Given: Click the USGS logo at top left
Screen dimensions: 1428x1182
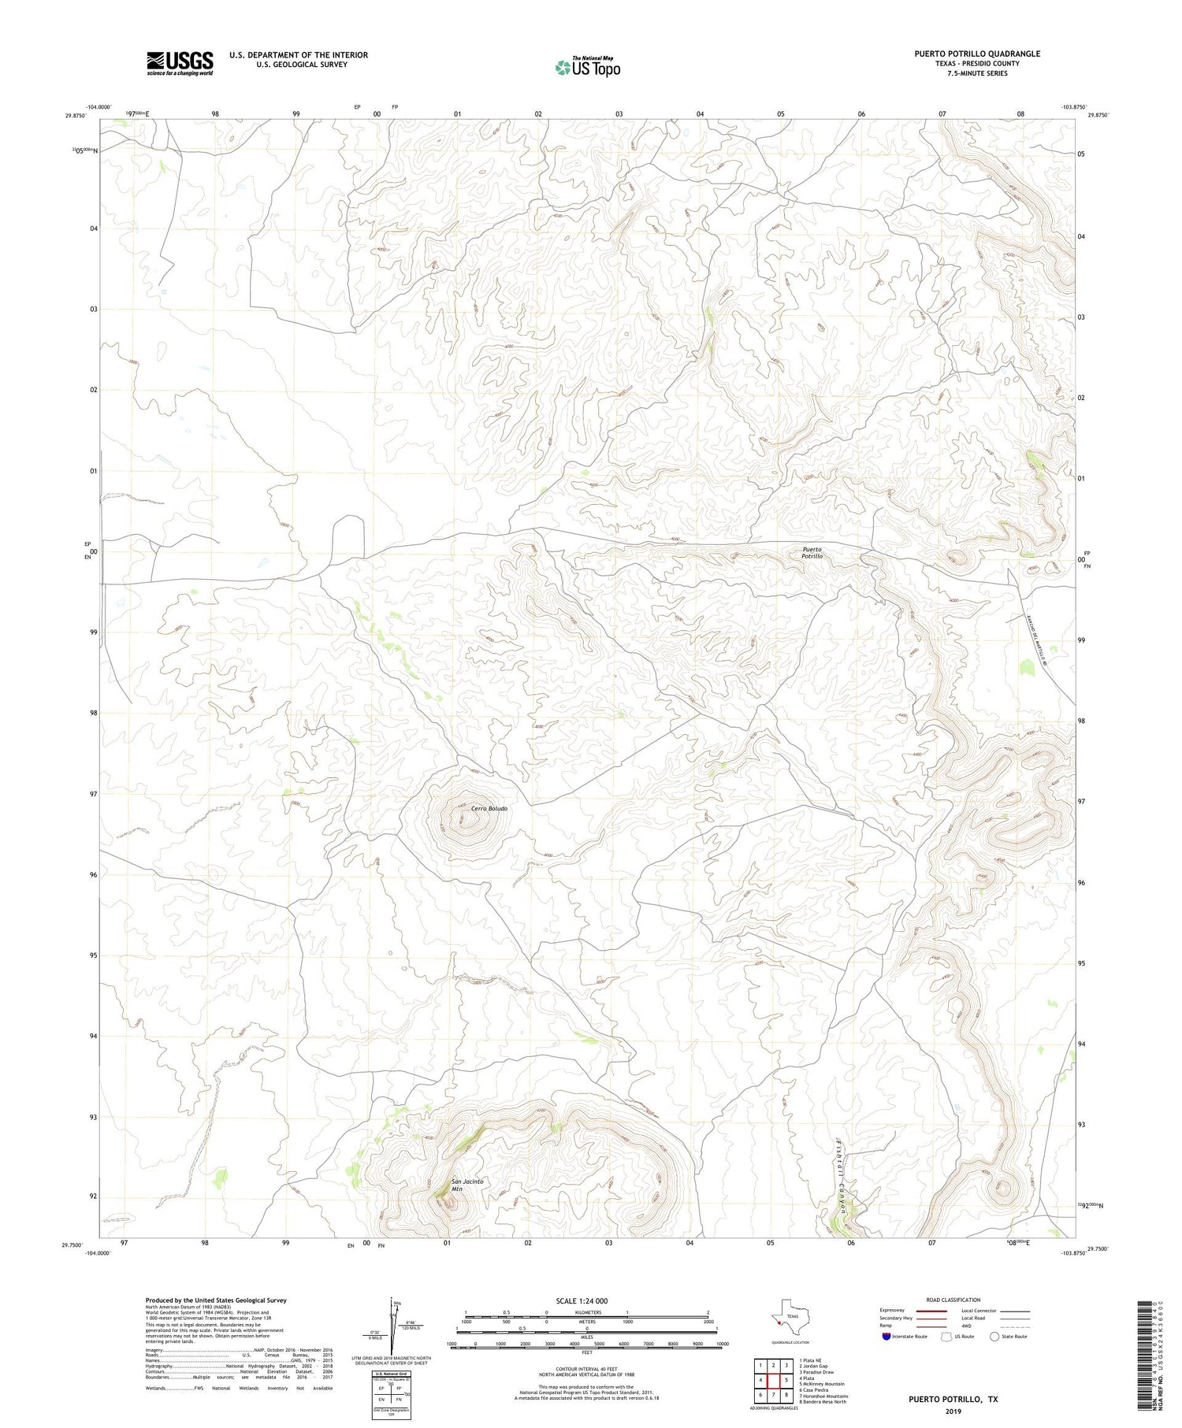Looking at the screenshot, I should point(180,63).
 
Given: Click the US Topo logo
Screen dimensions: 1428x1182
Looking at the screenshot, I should point(587,67).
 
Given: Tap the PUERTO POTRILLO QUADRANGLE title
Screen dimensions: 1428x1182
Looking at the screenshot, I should point(976,54).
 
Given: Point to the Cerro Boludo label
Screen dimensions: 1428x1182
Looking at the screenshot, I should point(489,809).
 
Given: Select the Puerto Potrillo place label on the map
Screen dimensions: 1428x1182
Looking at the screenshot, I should point(812,553).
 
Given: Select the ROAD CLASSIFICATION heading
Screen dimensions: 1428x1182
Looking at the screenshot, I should point(953,1300).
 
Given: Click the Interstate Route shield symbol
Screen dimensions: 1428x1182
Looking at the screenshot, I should point(886,1337).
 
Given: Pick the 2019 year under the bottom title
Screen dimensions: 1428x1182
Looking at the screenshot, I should point(953,1410).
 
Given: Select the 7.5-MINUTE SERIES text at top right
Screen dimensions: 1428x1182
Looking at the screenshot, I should point(977,73).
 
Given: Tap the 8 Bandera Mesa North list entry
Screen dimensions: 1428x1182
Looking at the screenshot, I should point(823,1401).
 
